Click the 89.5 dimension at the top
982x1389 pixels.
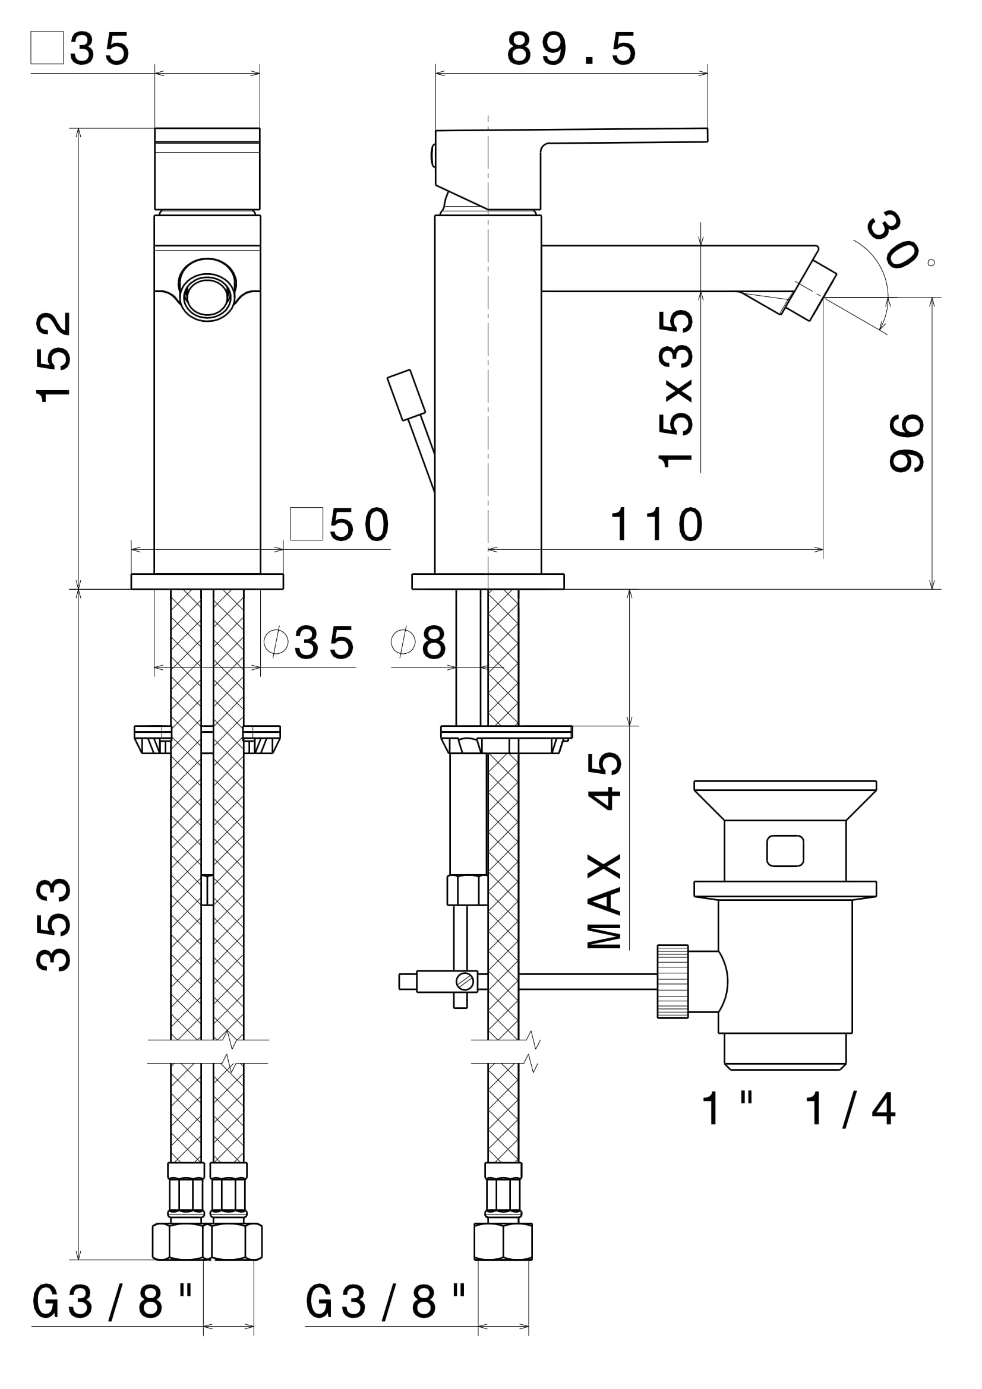(x=571, y=50)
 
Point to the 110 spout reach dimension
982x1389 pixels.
(x=656, y=524)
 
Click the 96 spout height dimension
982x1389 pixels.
(x=907, y=442)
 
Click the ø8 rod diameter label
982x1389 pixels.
(x=419, y=643)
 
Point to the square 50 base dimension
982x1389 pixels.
(x=340, y=524)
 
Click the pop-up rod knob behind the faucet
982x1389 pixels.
(x=406, y=395)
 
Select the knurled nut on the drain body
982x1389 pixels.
(x=672, y=981)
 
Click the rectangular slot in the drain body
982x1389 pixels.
(x=785, y=850)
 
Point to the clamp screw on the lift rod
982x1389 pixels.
(x=465, y=981)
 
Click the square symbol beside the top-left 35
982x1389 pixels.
(x=47, y=47)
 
